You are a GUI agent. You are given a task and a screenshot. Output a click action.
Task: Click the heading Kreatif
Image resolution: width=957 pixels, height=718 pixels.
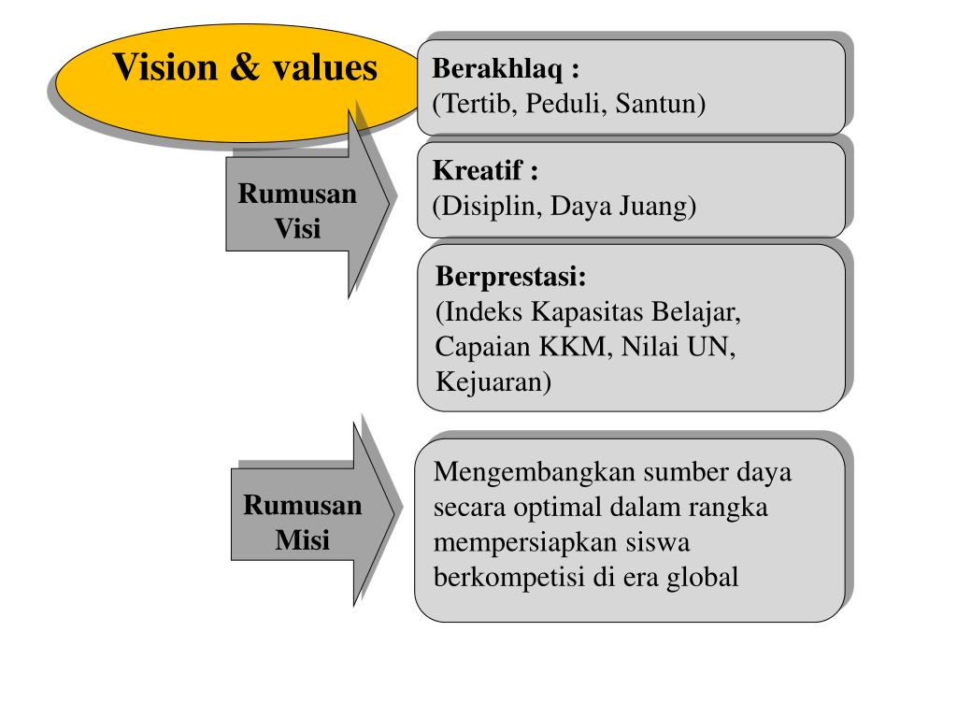(481, 172)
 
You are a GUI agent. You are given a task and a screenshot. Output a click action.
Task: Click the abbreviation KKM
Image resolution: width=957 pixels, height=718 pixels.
(573, 347)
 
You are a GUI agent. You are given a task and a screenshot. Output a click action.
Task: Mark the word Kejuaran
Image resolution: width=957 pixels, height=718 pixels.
(493, 381)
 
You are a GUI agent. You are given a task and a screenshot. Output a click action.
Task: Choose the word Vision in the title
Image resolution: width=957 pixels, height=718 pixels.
(164, 67)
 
